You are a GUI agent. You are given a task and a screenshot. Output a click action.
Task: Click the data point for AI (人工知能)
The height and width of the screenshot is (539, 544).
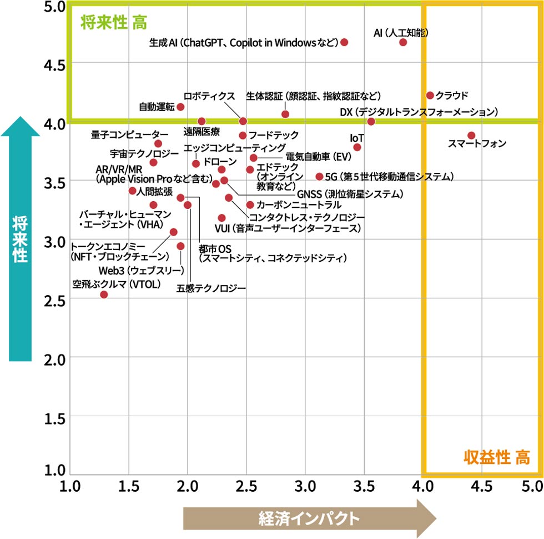pyautogui.click(x=403, y=42)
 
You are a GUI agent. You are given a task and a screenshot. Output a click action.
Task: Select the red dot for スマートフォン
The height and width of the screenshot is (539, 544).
pyautogui.click(x=471, y=135)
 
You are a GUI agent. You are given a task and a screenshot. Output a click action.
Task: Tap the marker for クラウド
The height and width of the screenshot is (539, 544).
pyautogui.click(x=430, y=95)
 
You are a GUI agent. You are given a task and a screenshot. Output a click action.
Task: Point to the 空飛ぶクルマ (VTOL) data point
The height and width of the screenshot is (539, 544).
pyautogui.click(x=104, y=294)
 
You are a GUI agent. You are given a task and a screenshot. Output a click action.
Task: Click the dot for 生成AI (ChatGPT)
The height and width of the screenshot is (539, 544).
pyautogui.click(x=344, y=42)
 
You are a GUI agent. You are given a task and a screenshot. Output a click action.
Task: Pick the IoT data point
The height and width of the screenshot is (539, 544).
pyautogui.click(x=357, y=147)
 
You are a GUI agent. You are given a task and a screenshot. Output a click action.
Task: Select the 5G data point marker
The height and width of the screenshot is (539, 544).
pyautogui.click(x=319, y=176)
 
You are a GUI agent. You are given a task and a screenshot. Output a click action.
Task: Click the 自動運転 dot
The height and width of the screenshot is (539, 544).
pyautogui.click(x=180, y=107)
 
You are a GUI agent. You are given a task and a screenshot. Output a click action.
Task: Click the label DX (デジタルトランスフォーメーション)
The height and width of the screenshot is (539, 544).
pyautogui.click(x=419, y=112)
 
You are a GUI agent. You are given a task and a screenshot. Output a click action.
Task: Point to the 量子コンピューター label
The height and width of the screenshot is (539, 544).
pyautogui.click(x=129, y=134)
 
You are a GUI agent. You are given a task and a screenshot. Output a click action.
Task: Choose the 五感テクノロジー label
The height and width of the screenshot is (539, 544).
pyautogui.click(x=211, y=288)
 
